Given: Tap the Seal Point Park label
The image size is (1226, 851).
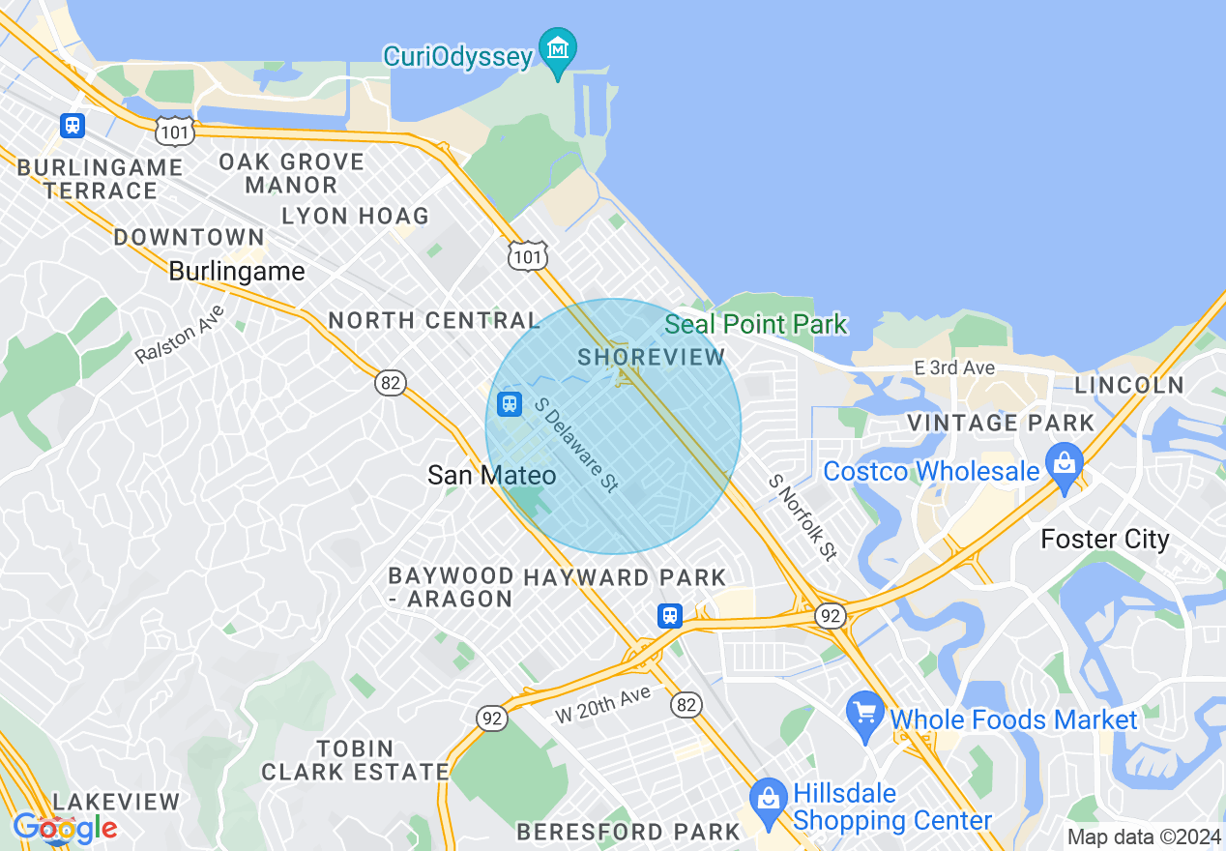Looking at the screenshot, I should [756, 324].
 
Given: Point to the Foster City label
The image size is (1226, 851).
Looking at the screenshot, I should [1104, 539].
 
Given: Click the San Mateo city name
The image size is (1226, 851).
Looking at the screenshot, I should [491, 475].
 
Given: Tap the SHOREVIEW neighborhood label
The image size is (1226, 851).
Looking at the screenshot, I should [651, 357].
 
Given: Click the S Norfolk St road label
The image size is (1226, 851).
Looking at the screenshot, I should [803, 517].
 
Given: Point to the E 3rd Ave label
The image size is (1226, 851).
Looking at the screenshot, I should [954, 368].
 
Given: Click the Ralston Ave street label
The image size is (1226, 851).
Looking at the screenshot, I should [181, 335].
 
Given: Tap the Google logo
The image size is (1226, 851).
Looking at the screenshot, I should [65, 828].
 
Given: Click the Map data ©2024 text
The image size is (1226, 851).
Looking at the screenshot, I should [1144, 836].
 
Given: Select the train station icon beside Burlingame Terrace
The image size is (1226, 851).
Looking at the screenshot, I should [72, 125].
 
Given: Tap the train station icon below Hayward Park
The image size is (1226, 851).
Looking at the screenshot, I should [669, 615].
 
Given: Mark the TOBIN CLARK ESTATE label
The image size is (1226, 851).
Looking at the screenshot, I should [355, 760].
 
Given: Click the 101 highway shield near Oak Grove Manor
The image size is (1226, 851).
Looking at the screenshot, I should [178, 130].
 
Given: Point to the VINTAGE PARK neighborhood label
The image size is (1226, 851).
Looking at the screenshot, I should [1001, 423].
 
